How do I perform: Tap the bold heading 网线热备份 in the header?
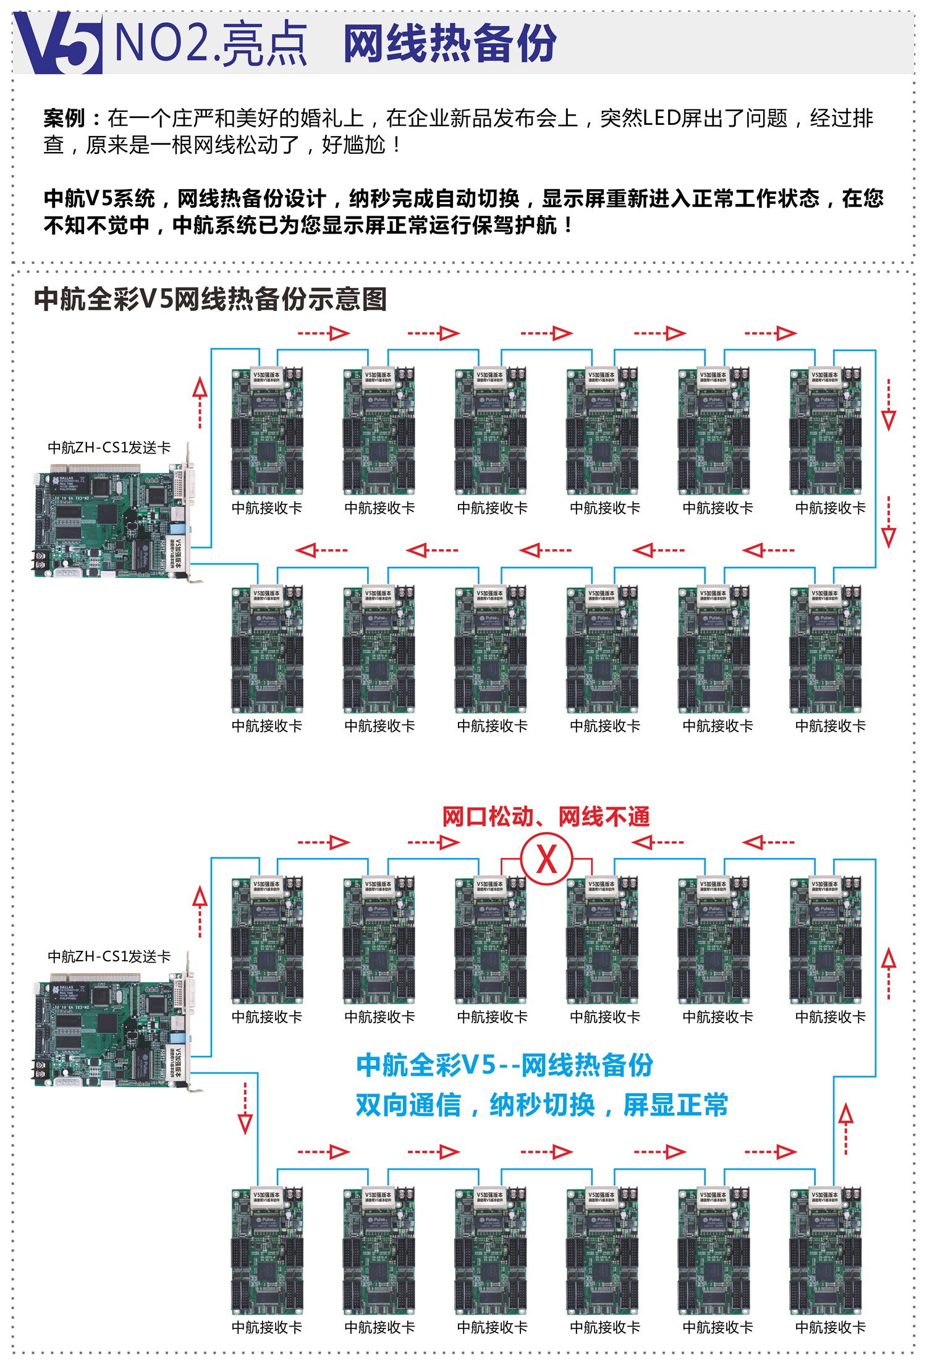pyautogui.click(x=449, y=43)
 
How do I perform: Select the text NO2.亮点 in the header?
pyautogui.click(x=210, y=43)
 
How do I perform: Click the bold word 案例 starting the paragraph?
pyautogui.click(x=64, y=118)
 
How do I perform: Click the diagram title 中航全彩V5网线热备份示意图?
pyautogui.click(x=210, y=299)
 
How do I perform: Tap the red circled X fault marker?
pyautogui.click(x=546, y=859)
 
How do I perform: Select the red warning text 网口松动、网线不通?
pyautogui.click(x=546, y=817)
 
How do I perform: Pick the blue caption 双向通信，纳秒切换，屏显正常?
pyautogui.click(x=541, y=1105)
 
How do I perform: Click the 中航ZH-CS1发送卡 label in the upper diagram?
pyautogui.click(x=109, y=448)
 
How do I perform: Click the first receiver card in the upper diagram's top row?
pyautogui.click(x=267, y=432)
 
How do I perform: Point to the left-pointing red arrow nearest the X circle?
pyautogui.click(x=659, y=842)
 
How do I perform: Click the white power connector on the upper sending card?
pyautogui.click(x=67, y=573)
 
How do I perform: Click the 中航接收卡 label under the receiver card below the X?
pyautogui.click(x=605, y=1016)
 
